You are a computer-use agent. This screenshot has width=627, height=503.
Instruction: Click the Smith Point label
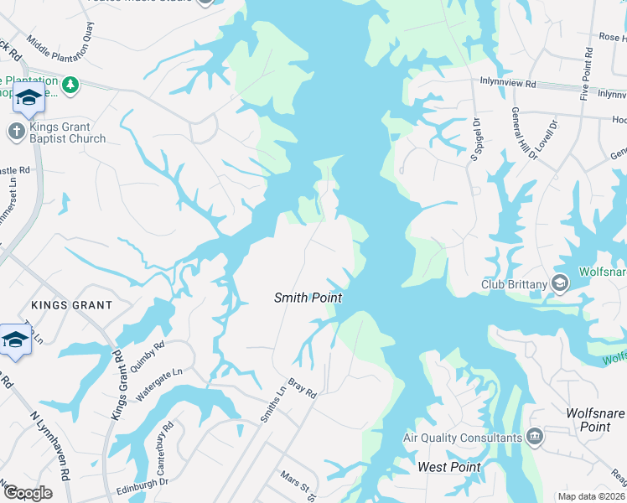tap(308, 298)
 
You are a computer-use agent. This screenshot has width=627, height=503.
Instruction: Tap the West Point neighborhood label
tap(449, 467)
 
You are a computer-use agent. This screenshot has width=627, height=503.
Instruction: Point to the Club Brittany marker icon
tap(560, 284)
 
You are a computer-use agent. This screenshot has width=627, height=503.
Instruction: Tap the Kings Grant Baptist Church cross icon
tap(16, 131)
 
